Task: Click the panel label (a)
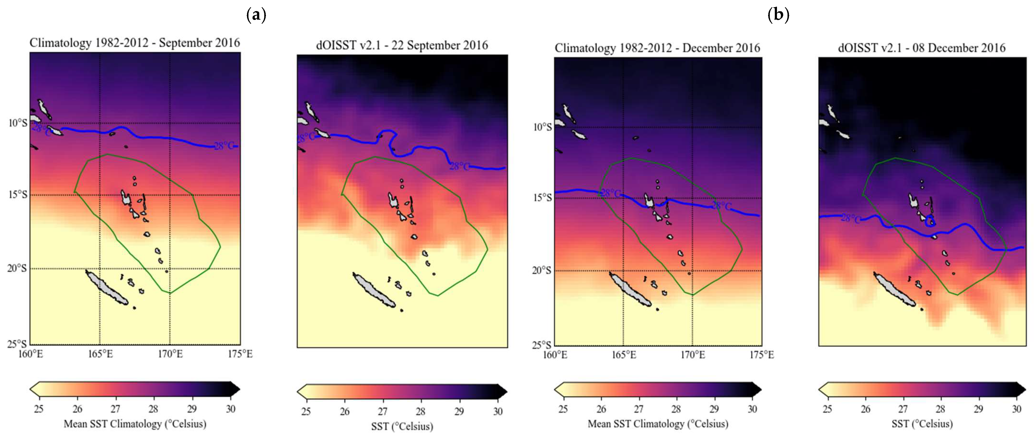[256, 15]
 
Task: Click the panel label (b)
[778, 15]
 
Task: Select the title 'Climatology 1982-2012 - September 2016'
[135, 43]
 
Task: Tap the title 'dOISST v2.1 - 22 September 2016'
[402, 45]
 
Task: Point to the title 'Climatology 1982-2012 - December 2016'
[657, 48]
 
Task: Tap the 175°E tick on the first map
[240, 354]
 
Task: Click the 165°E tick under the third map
[624, 355]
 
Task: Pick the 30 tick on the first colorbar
[231, 409]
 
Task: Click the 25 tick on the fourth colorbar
[827, 409]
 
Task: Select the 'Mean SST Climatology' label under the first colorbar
[135, 424]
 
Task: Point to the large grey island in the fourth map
[894, 289]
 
